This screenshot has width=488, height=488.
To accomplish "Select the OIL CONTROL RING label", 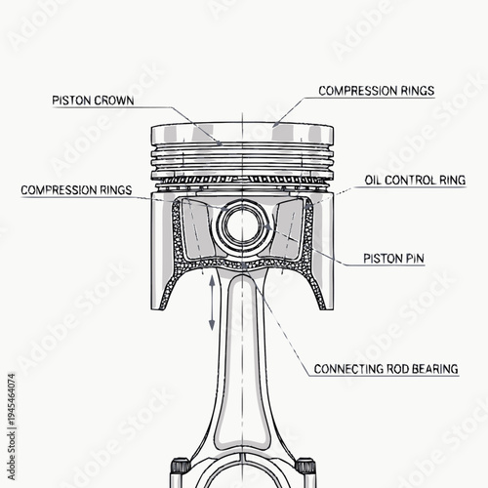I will coord(415,181).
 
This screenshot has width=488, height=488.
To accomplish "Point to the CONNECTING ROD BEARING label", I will coord(386,369).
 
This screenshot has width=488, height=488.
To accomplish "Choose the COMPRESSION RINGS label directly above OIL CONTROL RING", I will coord(377,91).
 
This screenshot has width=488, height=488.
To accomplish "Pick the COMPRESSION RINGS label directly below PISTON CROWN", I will coord(76,188).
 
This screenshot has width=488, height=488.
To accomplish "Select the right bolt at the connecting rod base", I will coord(304,468).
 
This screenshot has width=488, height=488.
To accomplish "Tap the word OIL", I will coord(375,181).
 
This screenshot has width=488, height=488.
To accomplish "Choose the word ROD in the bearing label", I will coord(393,369).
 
